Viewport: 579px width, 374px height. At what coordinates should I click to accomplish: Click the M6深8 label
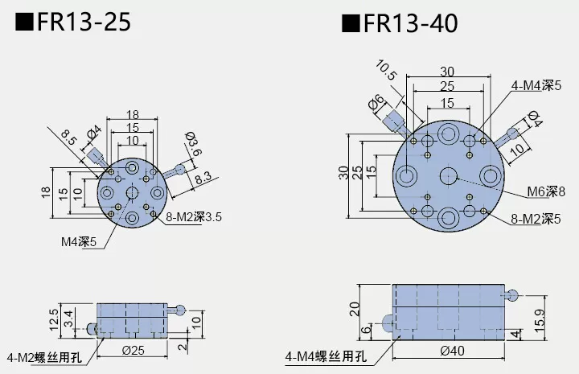click(547, 191)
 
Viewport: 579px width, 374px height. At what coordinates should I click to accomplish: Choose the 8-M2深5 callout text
click(536, 218)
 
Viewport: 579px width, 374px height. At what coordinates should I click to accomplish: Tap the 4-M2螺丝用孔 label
click(45, 356)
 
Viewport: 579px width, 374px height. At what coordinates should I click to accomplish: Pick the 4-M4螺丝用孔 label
click(325, 356)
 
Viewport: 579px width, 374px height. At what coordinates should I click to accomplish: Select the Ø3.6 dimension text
click(192, 145)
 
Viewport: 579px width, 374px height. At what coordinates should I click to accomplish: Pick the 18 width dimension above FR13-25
click(133, 115)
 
